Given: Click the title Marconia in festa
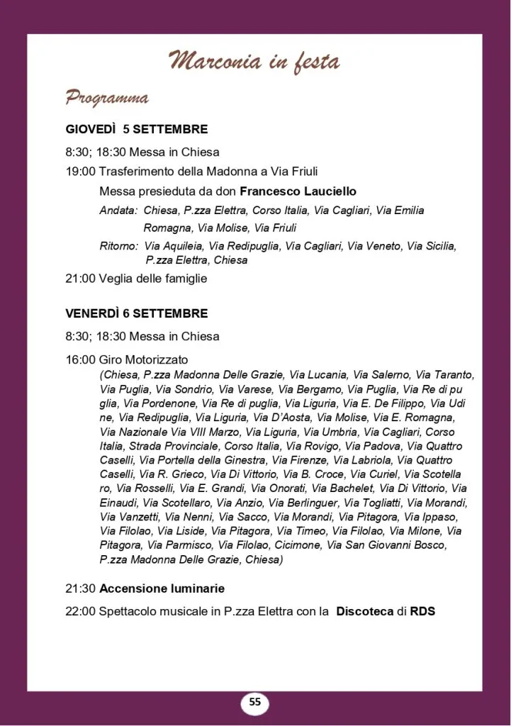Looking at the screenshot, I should pyautogui.click(x=254, y=62).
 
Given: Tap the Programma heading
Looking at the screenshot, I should pyautogui.click(x=107, y=97).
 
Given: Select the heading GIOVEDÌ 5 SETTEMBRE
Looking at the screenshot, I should pyautogui.click(x=137, y=129).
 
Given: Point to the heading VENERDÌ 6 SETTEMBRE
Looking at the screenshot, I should pyautogui.click(x=137, y=313).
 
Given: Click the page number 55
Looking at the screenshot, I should pyautogui.click(x=255, y=703).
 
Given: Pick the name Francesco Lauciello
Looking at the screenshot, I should pyautogui.click(x=298, y=191).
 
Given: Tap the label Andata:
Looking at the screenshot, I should pyautogui.click(x=118, y=211).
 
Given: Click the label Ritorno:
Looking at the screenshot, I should pyautogui.click(x=118, y=246).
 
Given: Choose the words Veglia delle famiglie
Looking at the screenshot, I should pyautogui.click(x=153, y=279).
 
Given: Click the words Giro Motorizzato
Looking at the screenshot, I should pyautogui.click(x=144, y=359).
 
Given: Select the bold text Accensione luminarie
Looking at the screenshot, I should pyautogui.click(x=162, y=588).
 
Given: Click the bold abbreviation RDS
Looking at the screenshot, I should pyautogui.click(x=422, y=610).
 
